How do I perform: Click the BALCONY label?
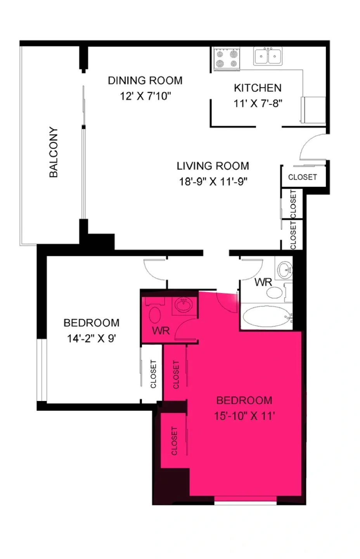click(x=54, y=152)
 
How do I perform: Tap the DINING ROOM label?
click(x=145, y=80)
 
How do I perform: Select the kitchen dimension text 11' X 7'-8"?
click(x=258, y=103)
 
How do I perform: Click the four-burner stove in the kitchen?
click(x=227, y=58)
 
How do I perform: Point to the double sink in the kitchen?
click(x=268, y=56)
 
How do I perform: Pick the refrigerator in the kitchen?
click(x=313, y=110)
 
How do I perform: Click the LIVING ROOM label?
click(x=213, y=166)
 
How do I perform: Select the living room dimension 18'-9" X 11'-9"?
click(x=213, y=181)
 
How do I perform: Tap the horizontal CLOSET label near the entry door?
click(x=303, y=177)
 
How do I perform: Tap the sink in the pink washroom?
click(x=184, y=305)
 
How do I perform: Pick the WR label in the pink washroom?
click(x=161, y=331)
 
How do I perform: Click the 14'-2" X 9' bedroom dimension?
click(x=92, y=339)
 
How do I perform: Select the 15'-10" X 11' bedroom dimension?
click(x=244, y=416)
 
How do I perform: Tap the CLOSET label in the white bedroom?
click(x=153, y=374)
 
